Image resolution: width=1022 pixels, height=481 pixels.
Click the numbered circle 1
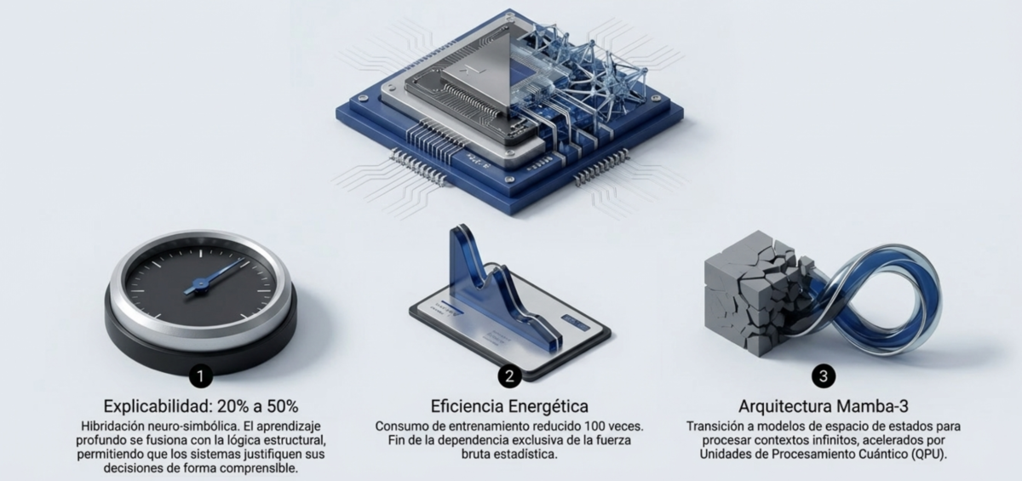click(x=200, y=375)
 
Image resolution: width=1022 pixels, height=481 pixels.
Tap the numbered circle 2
click(x=509, y=375)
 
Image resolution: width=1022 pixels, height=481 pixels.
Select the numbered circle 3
click(x=824, y=375)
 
